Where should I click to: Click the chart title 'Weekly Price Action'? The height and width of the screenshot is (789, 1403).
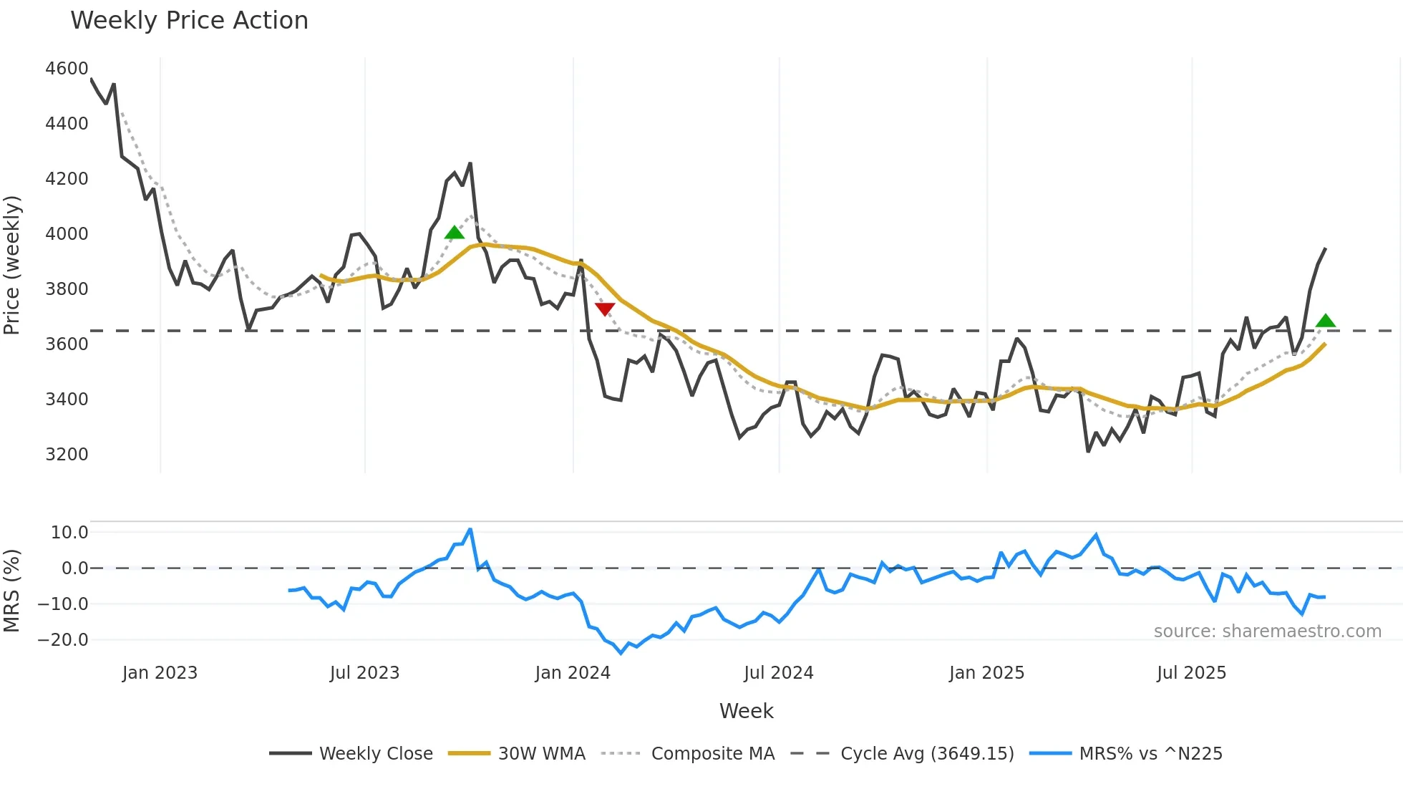(189, 21)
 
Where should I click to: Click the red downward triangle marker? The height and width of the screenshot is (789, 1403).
(605, 309)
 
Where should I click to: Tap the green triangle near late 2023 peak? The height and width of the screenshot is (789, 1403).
(454, 233)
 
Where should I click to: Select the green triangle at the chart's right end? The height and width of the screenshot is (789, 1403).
(1325, 321)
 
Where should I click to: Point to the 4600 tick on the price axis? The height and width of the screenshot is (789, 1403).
(67, 69)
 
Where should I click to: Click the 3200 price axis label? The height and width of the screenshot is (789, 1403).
(67, 455)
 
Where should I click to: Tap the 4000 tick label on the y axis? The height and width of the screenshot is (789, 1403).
(67, 234)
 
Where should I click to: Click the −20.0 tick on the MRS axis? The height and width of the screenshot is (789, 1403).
(63, 640)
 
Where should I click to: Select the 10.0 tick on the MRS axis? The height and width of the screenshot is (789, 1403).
(69, 533)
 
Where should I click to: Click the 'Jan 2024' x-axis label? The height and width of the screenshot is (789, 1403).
(573, 673)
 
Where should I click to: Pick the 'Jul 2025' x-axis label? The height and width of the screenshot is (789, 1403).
(1191, 673)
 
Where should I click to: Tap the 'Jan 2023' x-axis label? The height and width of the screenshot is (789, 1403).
(160, 673)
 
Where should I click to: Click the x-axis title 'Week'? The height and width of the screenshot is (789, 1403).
(746, 711)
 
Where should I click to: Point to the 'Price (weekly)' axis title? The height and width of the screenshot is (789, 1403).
(12, 265)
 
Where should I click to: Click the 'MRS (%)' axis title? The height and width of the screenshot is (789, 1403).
(12, 591)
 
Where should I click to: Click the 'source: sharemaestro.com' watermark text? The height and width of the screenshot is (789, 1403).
(1267, 631)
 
